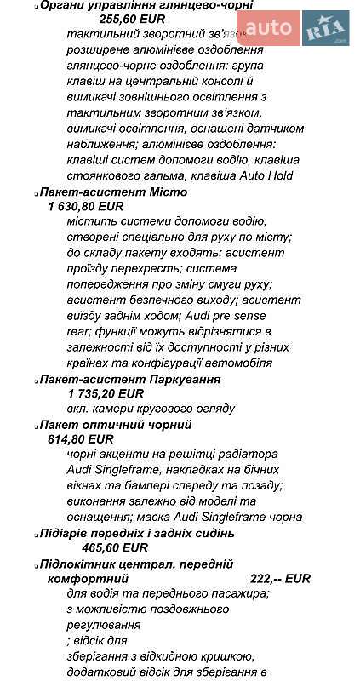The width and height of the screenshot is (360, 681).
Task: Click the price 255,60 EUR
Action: click(132, 17)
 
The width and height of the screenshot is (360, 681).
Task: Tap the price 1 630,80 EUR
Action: click(86, 206)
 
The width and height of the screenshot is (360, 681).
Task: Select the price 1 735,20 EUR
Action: click(106, 393)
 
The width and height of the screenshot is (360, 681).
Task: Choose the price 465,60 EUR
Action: click(115, 547)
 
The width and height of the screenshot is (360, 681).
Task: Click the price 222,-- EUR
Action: click(280, 578)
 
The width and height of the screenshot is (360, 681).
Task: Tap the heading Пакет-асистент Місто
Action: click(107, 192)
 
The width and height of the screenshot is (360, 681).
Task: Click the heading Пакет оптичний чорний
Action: click(116, 424)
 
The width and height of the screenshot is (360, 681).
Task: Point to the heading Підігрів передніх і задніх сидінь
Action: click(137, 533)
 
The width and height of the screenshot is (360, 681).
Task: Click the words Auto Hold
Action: click(264, 175)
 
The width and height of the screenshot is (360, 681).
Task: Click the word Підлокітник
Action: click(77, 564)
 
